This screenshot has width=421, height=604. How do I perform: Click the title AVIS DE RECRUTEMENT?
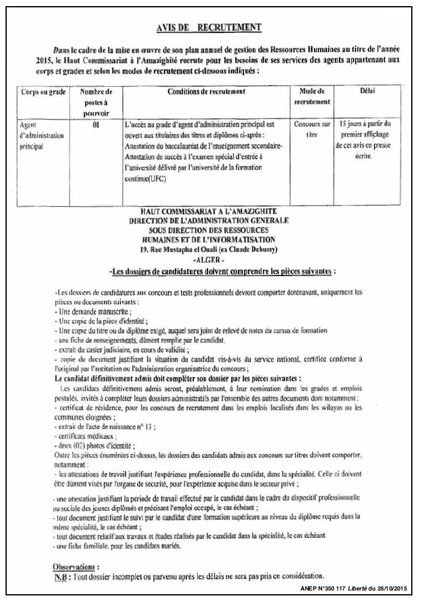(210, 27)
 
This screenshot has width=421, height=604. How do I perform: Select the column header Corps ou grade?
(43, 92)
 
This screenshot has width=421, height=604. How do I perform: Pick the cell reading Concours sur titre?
(311, 129)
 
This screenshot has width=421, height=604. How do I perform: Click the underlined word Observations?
(76, 567)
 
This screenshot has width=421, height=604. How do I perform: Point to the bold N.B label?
(61, 576)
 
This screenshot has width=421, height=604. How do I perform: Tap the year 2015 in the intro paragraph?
(47, 61)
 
